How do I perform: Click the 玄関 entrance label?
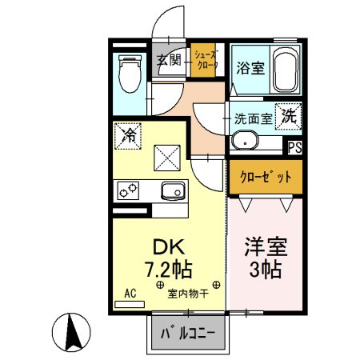167,58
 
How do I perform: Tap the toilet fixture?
128,74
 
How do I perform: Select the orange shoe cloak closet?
206,60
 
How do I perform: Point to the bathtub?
285,71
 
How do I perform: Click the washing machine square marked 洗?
288,115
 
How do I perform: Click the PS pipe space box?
295,147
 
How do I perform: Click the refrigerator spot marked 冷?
128,135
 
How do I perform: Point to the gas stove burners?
128,190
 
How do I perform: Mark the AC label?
131,293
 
